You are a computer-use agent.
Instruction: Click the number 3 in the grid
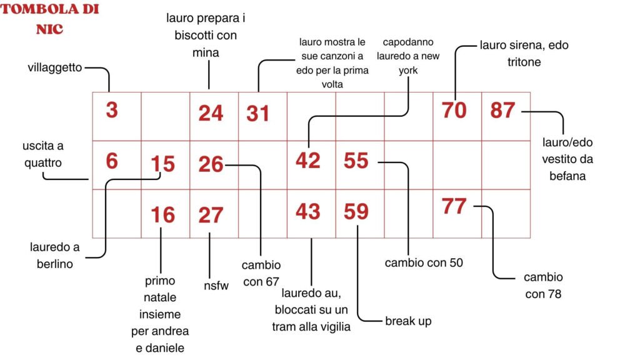point(112,110)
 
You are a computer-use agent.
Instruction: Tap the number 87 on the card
point(502,110)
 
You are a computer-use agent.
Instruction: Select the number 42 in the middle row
point(307,161)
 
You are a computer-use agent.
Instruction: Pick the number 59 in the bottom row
point(356,211)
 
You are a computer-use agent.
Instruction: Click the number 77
point(454,206)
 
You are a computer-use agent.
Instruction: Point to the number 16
point(163,215)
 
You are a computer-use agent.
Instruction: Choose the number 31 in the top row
point(258,114)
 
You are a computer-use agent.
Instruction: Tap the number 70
point(454,110)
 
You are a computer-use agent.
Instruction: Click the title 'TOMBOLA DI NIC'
point(50,19)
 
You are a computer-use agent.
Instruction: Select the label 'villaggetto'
point(55,67)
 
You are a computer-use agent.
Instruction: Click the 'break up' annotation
point(408,321)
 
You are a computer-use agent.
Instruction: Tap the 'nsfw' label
point(216,286)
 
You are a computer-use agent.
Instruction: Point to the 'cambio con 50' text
point(424,262)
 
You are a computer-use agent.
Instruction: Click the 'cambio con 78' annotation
point(543,285)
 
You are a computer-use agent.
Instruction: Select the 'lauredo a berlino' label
point(55,256)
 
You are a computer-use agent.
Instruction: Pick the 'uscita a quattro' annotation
point(43,154)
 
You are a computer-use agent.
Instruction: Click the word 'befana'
point(567,176)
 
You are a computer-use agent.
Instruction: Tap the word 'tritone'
point(524,62)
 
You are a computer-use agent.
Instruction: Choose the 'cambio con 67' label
point(261,274)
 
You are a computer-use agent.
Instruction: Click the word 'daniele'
point(160,348)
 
